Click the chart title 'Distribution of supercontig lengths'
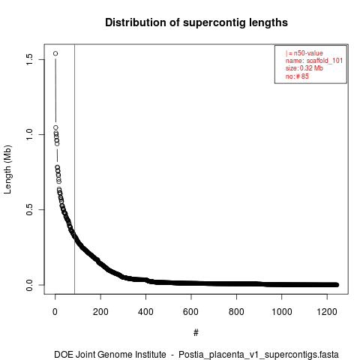coord(196,22)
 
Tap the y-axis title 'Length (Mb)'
coord(7,169)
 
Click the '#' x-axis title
coord(196,332)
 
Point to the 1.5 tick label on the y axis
coord(29,59)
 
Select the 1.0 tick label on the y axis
coord(29,134)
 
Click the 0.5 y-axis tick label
coord(29,209)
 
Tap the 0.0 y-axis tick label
coord(29,285)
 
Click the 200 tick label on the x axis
coord(100,312)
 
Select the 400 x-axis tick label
coord(145,312)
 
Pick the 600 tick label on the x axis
coord(191,312)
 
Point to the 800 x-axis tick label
coord(236,312)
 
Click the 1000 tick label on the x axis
coord(282,312)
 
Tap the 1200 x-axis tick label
coord(327,312)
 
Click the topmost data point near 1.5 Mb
coord(55,53)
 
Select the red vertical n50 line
coord(74,169)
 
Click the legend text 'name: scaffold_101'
coord(314,61)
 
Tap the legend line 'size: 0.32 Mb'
coord(304,68)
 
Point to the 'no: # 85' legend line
coord(297,76)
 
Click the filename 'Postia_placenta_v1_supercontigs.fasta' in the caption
coord(259,355)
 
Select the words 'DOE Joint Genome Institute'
coord(110,354)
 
